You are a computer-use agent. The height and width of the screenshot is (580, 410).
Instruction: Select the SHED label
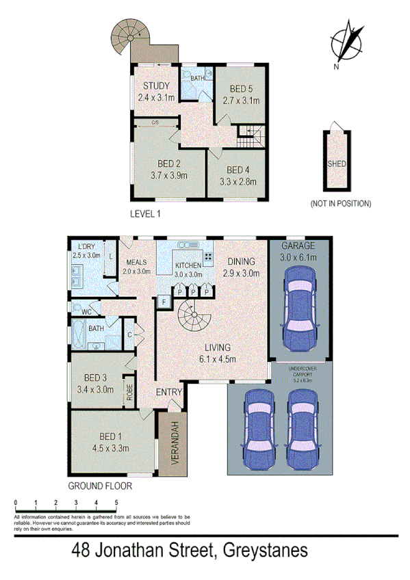click(337, 164)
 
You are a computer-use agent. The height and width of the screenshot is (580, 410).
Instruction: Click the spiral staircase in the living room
click(194, 319)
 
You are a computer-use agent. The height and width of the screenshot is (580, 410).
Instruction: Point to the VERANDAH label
click(175, 443)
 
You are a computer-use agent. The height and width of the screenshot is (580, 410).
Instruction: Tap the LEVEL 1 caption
click(145, 214)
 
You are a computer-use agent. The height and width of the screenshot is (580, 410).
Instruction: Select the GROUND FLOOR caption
click(99, 486)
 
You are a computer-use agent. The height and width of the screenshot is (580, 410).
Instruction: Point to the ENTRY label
click(169, 392)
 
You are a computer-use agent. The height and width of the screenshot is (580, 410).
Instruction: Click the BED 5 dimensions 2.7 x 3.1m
click(241, 100)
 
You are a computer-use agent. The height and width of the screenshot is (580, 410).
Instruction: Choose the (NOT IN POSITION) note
click(340, 203)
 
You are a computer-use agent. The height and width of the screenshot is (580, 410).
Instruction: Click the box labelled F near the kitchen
click(164, 301)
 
